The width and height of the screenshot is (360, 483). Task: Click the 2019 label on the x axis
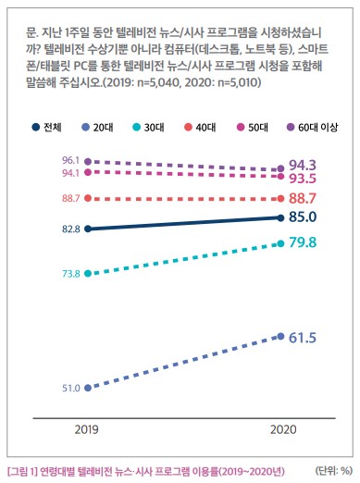coord(86,429)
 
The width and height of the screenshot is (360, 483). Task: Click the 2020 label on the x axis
coord(283,429)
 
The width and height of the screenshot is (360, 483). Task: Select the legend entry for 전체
coord(46,127)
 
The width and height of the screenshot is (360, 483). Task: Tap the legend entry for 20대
coord(97,127)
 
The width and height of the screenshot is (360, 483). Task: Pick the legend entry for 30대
coord(148,127)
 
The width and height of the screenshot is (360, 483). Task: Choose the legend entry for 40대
coord(200,127)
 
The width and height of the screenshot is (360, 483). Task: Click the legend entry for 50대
coord(252,127)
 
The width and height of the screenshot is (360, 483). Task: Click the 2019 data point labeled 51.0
coord(88,388)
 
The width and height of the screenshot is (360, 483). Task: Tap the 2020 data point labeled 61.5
coord(280,336)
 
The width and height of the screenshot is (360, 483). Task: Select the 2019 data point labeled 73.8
coord(88,273)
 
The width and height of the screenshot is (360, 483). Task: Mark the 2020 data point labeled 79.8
coord(280,243)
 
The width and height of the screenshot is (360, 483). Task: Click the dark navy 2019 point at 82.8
coord(88,229)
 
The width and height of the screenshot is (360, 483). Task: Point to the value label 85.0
coord(303,217)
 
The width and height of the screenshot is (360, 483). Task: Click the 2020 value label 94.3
coord(303,166)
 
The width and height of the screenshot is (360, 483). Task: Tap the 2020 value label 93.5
coord(303,179)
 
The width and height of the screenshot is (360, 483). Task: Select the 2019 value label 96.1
coord(71,160)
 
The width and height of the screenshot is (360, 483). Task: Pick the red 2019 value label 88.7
coord(71,198)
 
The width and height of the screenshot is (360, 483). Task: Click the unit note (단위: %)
coord(334,471)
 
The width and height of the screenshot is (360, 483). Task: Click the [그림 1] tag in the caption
coord(22,471)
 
